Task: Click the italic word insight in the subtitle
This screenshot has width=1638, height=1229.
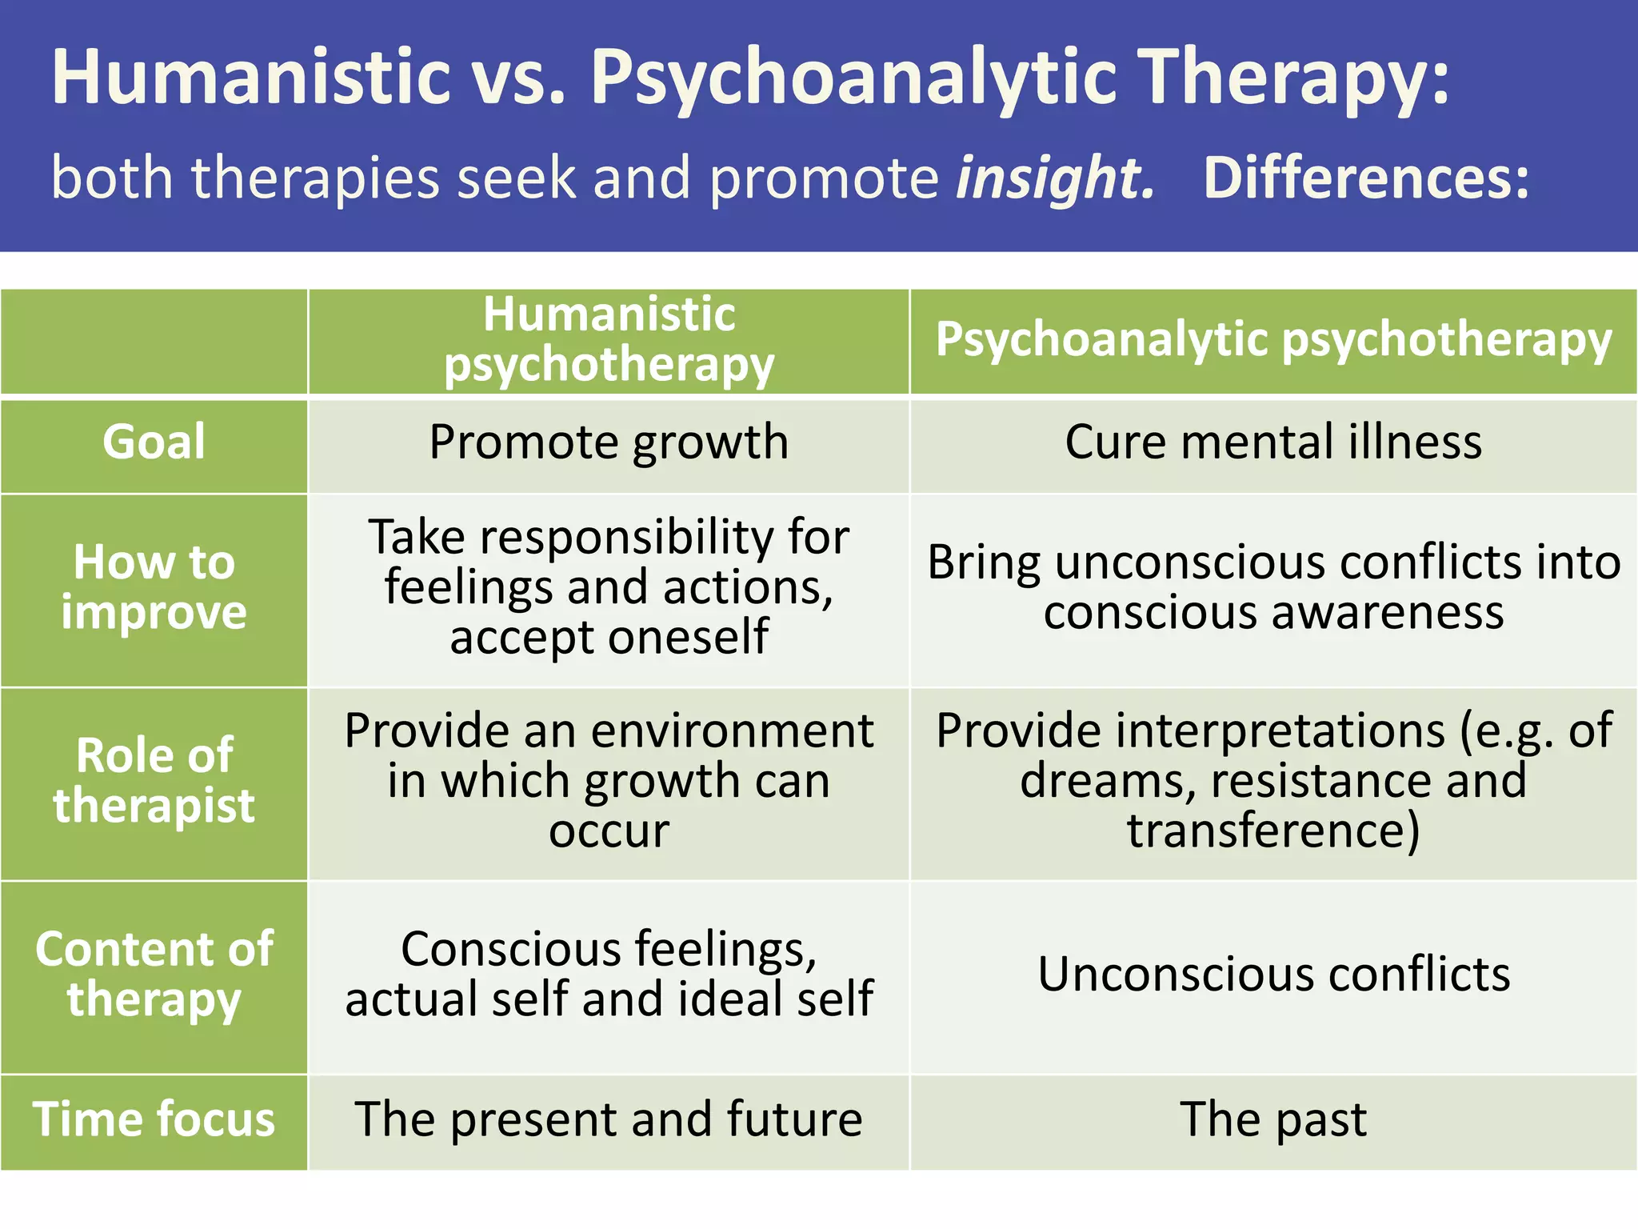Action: (1056, 178)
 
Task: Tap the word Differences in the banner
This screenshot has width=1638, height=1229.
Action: (1365, 178)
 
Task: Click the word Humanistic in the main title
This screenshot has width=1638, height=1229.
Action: (251, 77)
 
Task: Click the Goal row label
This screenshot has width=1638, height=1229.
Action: (154, 442)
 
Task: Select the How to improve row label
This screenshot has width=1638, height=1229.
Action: (154, 587)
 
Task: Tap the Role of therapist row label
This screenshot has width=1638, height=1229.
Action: (154, 780)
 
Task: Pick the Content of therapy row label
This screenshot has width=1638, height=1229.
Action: (154, 974)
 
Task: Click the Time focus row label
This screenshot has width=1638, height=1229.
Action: (154, 1119)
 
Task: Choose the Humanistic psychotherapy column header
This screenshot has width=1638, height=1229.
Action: (609, 339)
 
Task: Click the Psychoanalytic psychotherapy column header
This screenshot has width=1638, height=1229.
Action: (1273, 339)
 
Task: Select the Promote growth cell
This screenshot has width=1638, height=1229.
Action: (609, 442)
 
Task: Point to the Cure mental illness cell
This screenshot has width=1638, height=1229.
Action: (1273, 442)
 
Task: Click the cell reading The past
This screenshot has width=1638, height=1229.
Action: (1273, 1119)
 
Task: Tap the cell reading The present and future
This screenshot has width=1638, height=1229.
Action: (609, 1119)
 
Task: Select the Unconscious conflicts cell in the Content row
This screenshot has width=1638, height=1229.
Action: (1273, 975)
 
